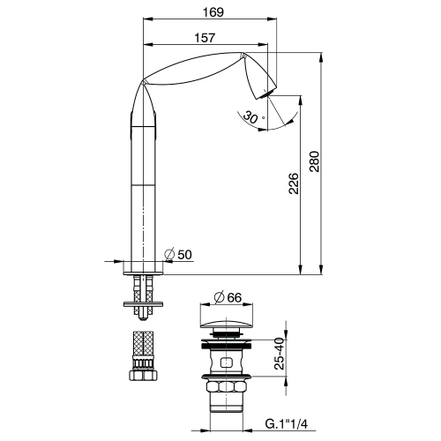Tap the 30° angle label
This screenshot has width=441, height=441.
click(x=252, y=117)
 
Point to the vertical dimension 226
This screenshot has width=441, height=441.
click(x=294, y=183)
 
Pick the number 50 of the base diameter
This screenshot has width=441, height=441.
click(x=185, y=254)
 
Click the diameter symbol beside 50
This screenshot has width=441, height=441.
click(x=171, y=254)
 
